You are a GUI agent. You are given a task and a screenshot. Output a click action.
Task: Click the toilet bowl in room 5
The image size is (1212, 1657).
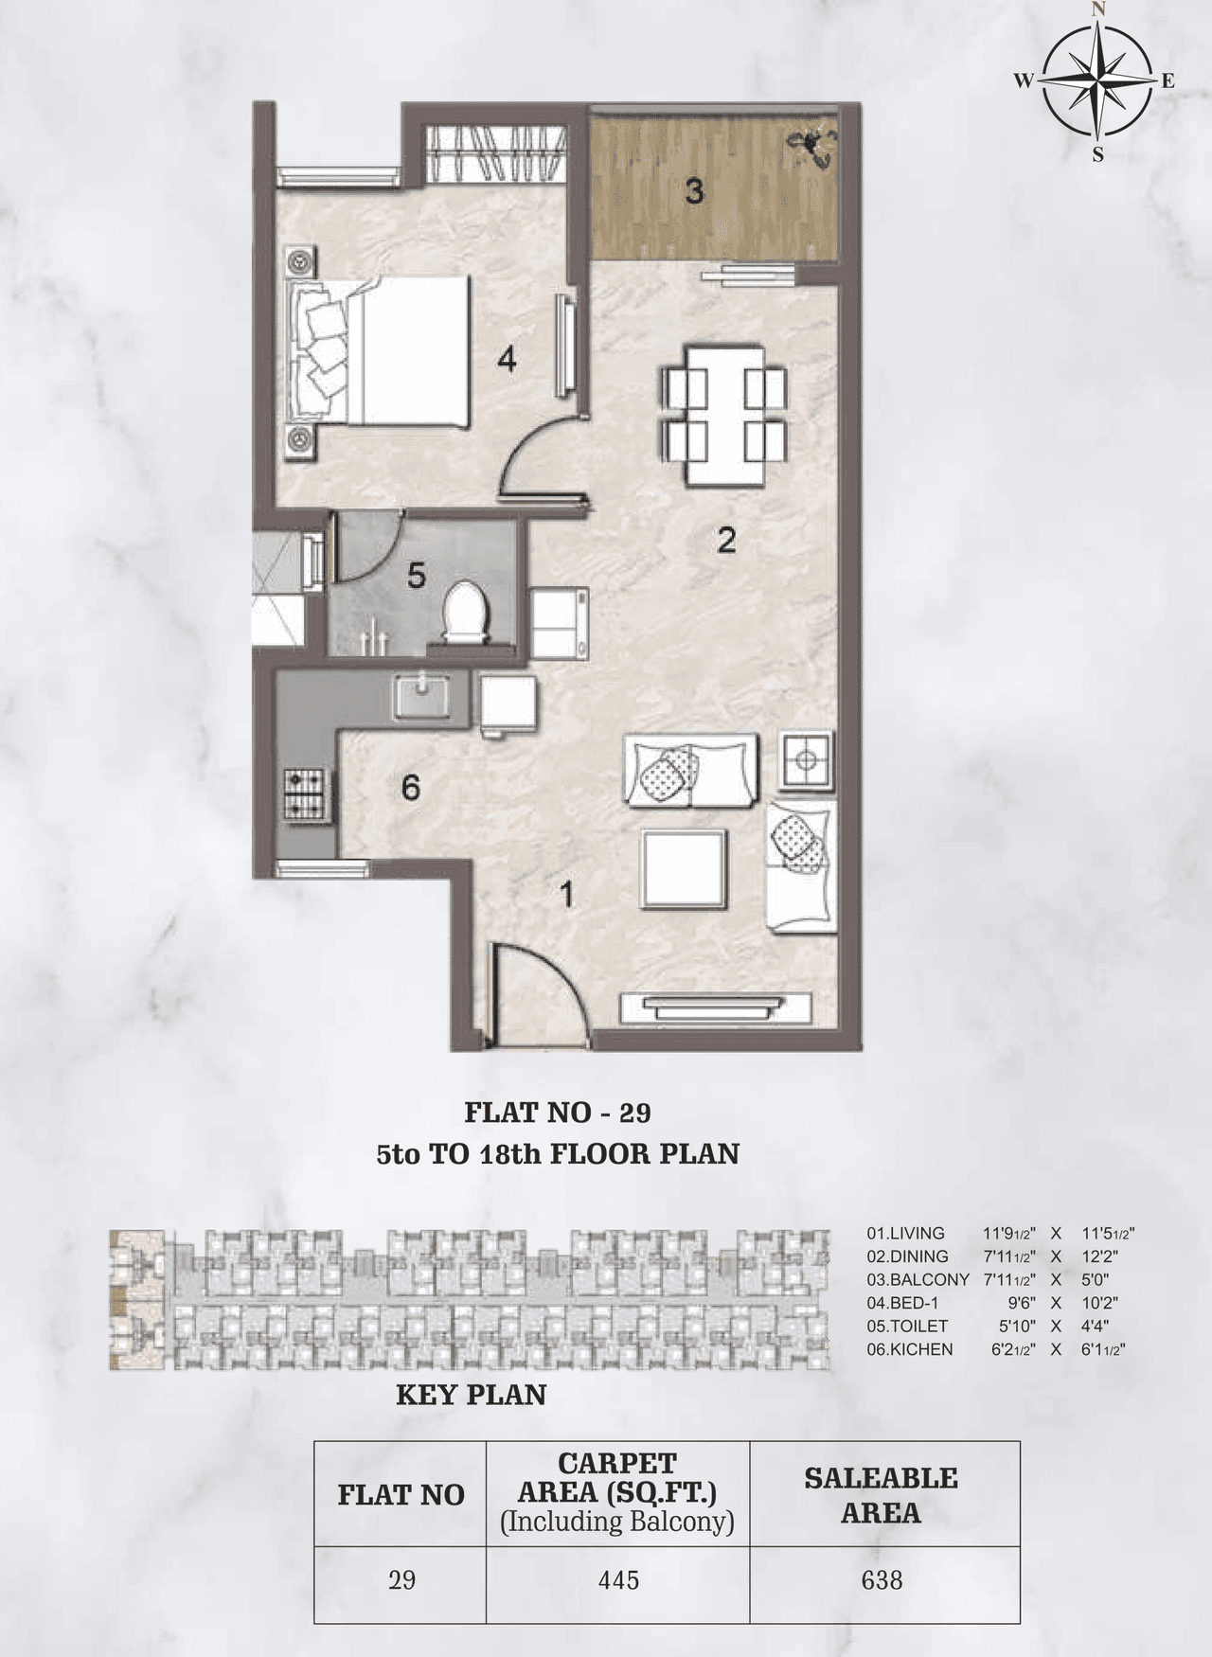465,611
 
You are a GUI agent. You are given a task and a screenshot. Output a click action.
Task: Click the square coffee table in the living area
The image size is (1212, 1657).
686,869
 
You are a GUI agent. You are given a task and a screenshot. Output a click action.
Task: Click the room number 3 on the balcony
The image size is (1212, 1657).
694,192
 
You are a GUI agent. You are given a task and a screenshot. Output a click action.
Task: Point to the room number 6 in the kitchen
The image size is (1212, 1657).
410,787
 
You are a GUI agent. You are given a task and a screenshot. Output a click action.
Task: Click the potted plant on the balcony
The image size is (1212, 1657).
811,145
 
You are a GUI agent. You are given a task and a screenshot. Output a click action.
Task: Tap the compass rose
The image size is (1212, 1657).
1096,81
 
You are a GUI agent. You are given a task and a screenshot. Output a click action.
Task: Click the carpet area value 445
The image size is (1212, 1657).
617,1580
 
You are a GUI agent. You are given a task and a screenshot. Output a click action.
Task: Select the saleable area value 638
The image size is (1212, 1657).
882,1580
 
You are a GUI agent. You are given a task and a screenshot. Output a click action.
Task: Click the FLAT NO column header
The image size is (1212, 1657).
401,1495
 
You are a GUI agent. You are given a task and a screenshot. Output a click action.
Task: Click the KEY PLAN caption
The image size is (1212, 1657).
471,1395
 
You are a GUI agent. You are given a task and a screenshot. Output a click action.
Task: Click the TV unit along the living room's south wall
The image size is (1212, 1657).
717,1007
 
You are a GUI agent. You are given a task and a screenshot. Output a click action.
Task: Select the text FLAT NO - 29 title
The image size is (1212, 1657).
557,1112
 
